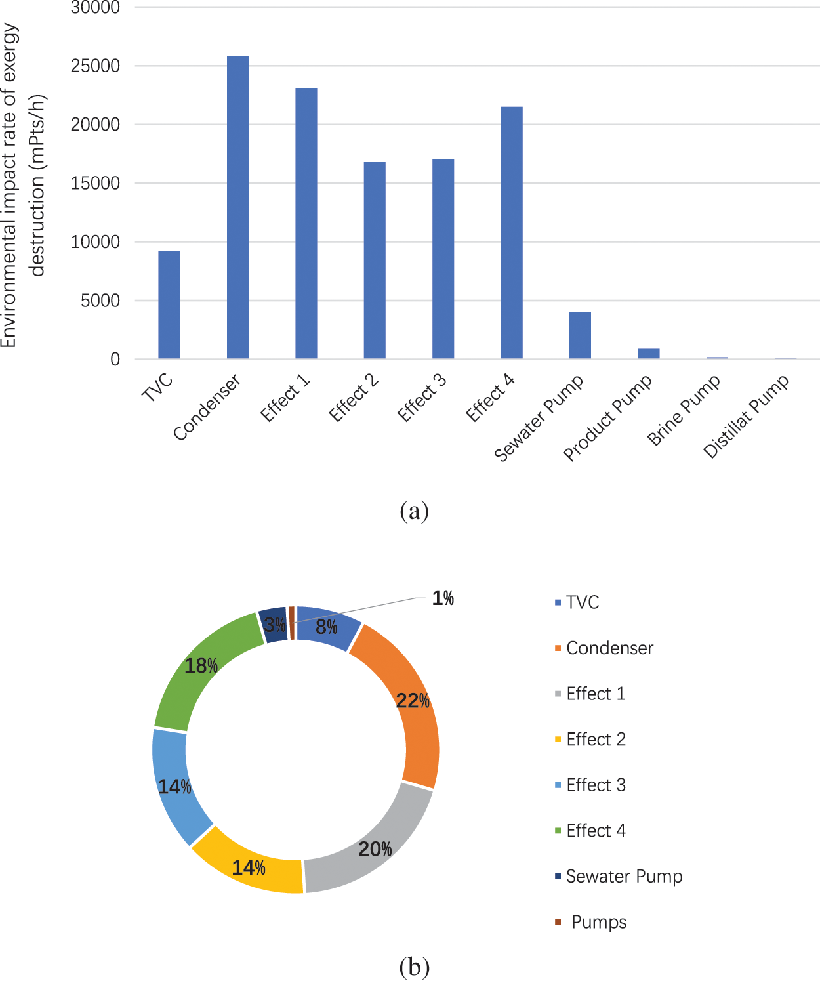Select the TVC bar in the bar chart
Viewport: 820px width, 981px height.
click(169, 304)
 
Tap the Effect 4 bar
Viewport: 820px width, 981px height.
click(512, 232)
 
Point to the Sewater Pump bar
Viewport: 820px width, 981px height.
click(580, 335)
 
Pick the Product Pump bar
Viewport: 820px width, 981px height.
click(649, 354)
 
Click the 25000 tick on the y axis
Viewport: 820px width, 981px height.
click(96, 66)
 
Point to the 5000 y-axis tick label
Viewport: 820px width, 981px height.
click(100, 301)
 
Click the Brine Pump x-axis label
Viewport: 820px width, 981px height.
click(684, 410)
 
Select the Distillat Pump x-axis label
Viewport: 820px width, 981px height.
click(746, 417)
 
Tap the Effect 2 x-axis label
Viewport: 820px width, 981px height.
click(354, 398)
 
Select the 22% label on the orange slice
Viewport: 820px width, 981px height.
click(413, 701)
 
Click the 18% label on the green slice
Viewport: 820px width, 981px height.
click(201, 666)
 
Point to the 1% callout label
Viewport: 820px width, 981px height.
click(443, 598)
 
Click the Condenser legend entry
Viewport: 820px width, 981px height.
click(609, 648)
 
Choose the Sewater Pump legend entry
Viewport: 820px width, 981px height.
click(624, 877)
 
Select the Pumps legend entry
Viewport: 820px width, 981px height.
click(598, 922)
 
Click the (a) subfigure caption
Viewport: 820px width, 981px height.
click(414, 511)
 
